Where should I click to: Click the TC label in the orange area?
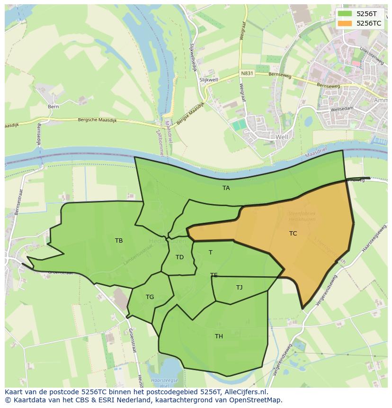click(x=293, y=233)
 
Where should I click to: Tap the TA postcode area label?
click(x=226, y=188)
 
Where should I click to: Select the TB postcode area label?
click(x=119, y=241)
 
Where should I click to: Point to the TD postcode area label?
click(x=179, y=257)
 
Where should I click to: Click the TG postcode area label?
click(x=150, y=297)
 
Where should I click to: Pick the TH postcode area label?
click(x=219, y=336)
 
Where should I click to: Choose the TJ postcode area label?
click(x=239, y=287)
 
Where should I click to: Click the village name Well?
click(x=282, y=136)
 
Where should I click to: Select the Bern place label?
click(x=53, y=107)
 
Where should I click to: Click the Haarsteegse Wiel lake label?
click(x=164, y=382)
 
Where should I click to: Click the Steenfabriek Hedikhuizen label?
click(x=302, y=216)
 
